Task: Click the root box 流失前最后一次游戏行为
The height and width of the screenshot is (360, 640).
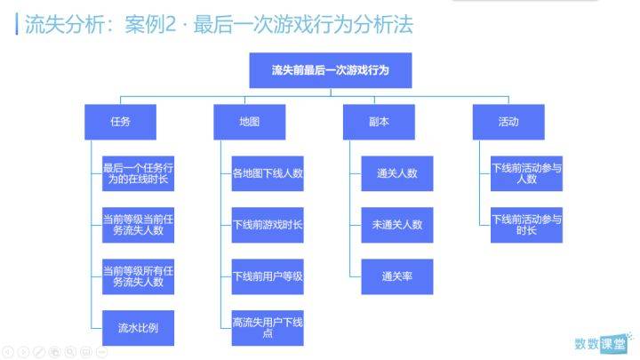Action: [x=331, y=70]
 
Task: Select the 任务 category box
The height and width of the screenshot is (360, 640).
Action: [x=120, y=122]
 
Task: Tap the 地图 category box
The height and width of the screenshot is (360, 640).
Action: [x=250, y=122]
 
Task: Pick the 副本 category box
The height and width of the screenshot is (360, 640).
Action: [x=379, y=122]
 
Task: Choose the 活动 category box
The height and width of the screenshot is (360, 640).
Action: [x=508, y=122]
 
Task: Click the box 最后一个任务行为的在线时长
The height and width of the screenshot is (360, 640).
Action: [x=138, y=173]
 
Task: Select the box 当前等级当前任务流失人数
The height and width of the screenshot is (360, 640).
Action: [x=138, y=225]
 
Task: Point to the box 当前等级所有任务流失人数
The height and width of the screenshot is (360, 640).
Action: [x=138, y=276]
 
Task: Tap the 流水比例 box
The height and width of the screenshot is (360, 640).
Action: [x=138, y=328]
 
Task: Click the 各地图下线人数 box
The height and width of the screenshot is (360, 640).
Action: [x=268, y=173]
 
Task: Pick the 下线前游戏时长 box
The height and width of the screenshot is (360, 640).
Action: [x=268, y=225]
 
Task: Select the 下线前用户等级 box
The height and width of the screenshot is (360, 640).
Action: [x=268, y=276]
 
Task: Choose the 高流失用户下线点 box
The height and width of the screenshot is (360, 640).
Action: [x=268, y=328]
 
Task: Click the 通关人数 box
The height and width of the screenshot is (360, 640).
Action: [x=397, y=173]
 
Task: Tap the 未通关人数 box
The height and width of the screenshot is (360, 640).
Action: [x=397, y=225]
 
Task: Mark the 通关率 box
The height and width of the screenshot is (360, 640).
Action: [x=397, y=276]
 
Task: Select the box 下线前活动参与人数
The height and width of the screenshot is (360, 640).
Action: [x=526, y=173]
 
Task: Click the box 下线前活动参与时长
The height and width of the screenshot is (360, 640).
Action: [x=526, y=225]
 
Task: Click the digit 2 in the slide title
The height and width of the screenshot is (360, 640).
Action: [x=170, y=24]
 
